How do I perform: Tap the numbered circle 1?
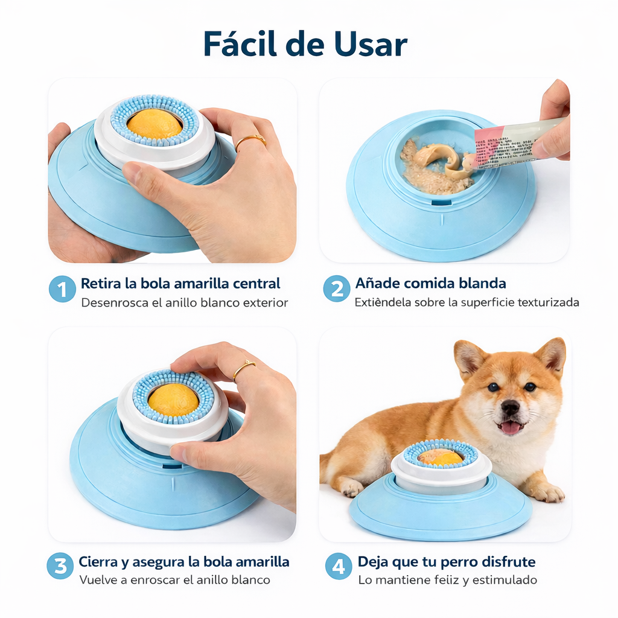[x=62, y=290]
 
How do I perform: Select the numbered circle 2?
[x=336, y=290]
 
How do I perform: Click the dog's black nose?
[x=510, y=407]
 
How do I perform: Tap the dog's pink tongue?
[x=511, y=428]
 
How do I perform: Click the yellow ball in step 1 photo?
[x=154, y=124]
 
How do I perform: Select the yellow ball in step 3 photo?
[x=173, y=399]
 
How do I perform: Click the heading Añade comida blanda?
[x=430, y=283]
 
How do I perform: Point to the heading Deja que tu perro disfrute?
[x=446, y=562]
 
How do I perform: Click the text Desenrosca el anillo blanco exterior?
[x=184, y=302]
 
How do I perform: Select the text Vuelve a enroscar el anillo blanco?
[x=174, y=580]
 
